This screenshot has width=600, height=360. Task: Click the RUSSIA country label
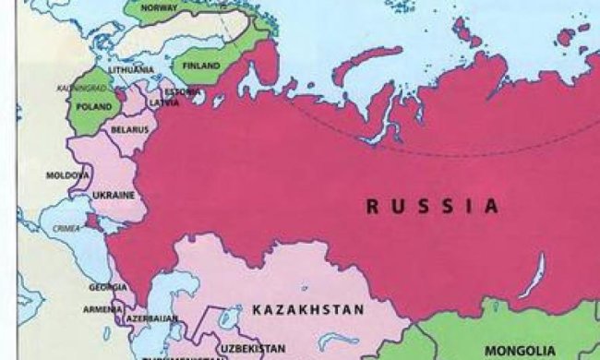tap(431, 205)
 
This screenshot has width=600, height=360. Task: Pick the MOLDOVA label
tap(68, 174)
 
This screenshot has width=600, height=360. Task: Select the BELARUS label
tap(129, 129)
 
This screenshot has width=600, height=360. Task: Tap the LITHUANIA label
tap(130, 70)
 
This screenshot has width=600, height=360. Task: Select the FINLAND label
tap(200, 66)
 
